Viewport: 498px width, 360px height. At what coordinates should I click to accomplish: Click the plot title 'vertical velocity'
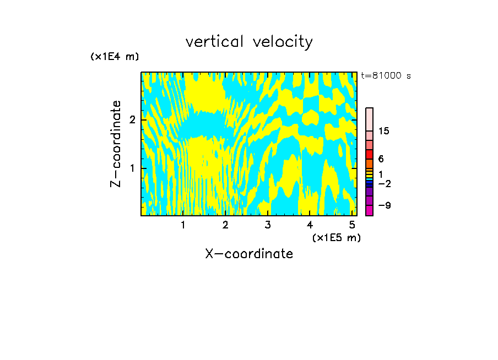point(249,42)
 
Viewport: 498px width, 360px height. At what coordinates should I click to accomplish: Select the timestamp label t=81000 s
point(386,76)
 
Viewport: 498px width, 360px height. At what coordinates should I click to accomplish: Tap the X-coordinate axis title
point(249,254)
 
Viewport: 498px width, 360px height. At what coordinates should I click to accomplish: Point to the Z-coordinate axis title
point(116,144)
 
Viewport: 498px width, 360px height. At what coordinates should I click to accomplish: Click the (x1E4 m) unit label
point(115,57)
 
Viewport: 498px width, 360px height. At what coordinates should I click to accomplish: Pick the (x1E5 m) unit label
point(336,237)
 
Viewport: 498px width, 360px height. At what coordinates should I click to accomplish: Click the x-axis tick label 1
point(183,225)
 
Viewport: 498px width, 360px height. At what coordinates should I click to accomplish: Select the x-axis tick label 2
point(225,225)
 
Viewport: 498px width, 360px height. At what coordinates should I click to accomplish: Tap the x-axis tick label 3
point(268,225)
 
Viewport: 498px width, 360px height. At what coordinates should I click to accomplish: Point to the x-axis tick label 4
point(310,225)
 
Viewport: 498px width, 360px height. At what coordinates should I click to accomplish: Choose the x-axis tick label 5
point(352,225)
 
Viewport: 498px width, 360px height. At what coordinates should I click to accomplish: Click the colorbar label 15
point(384,131)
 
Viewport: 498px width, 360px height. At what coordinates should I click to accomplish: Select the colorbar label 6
point(381,159)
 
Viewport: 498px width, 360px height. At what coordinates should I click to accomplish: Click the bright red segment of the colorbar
point(369,154)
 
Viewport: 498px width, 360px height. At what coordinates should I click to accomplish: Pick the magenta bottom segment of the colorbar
point(369,210)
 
